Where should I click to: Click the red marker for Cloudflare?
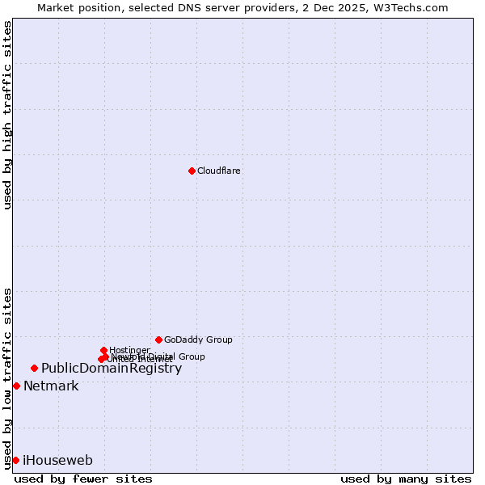point(192,171)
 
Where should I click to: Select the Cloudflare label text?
point(219,171)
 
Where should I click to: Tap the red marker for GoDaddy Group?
point(158,339)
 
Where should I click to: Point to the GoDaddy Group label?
point(198,339)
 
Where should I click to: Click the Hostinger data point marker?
point(103,350)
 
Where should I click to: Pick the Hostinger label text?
point(129,350)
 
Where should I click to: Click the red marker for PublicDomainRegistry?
point(34,369)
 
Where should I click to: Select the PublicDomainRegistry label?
point(112,369)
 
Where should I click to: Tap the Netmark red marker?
point(16,386)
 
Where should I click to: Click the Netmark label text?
point(51,386)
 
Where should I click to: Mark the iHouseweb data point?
point(15,460)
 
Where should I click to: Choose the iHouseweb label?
point(57,461)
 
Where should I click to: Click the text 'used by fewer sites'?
point(83,479)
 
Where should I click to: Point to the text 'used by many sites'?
point(406,479)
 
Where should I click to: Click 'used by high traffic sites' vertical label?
point(7,115)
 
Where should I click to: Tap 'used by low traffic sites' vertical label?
point(7,378)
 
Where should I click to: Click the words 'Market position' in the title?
point(75,7)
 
